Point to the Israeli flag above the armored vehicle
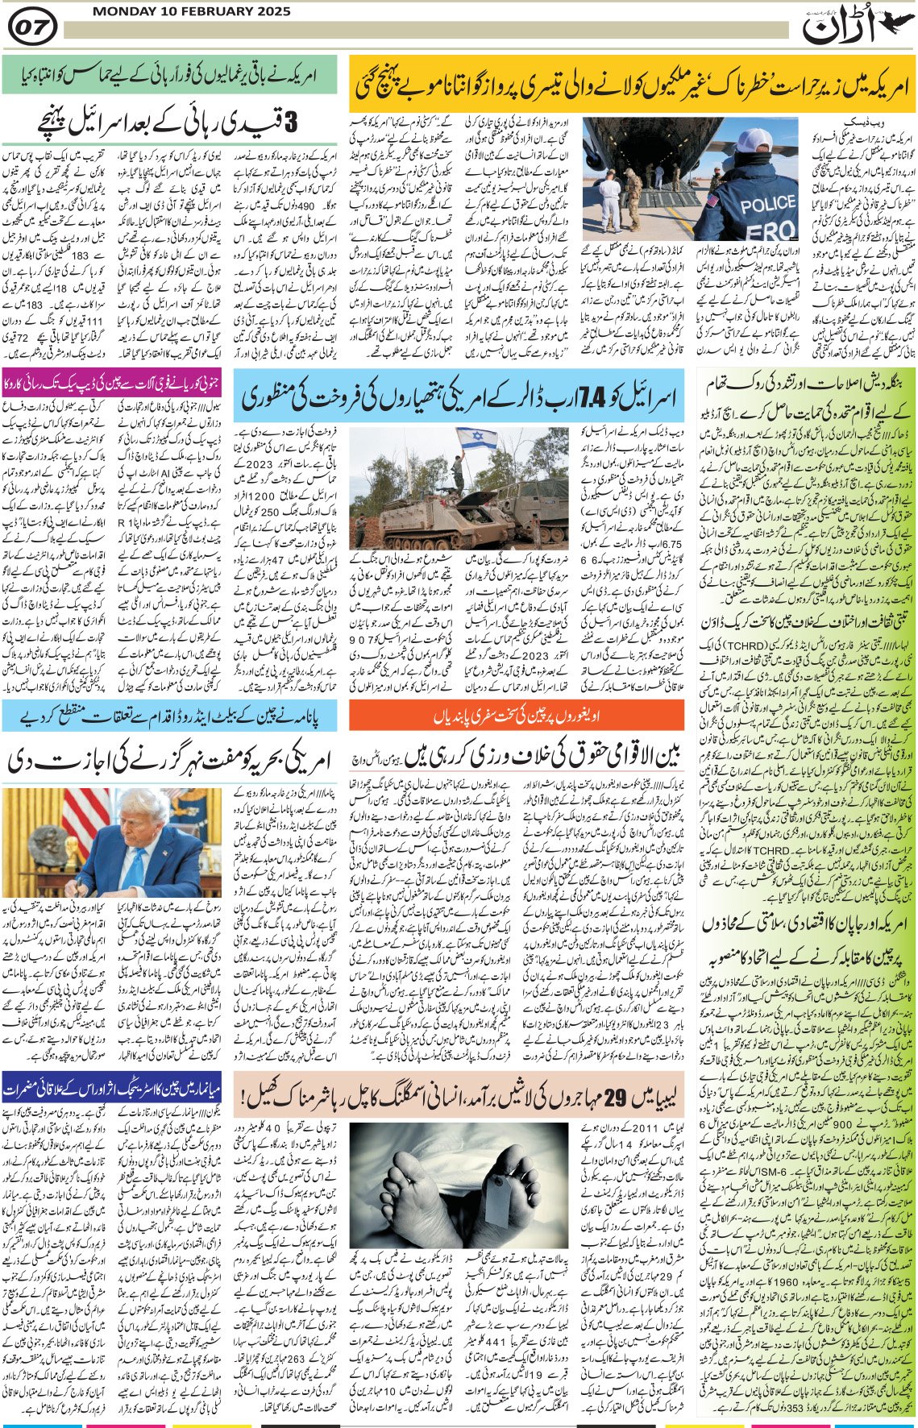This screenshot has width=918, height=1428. [476, 438]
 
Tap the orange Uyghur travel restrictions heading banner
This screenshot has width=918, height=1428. [516, 715]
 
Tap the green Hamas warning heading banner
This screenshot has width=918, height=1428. [169, 75]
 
